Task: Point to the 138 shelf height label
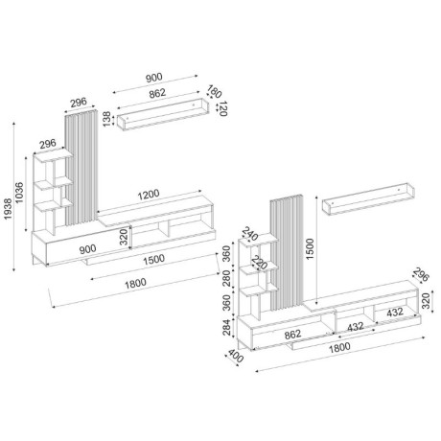[106, 120]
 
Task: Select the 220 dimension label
[257, 261]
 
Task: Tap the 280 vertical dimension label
[227, 279]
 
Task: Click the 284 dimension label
[227, 332]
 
